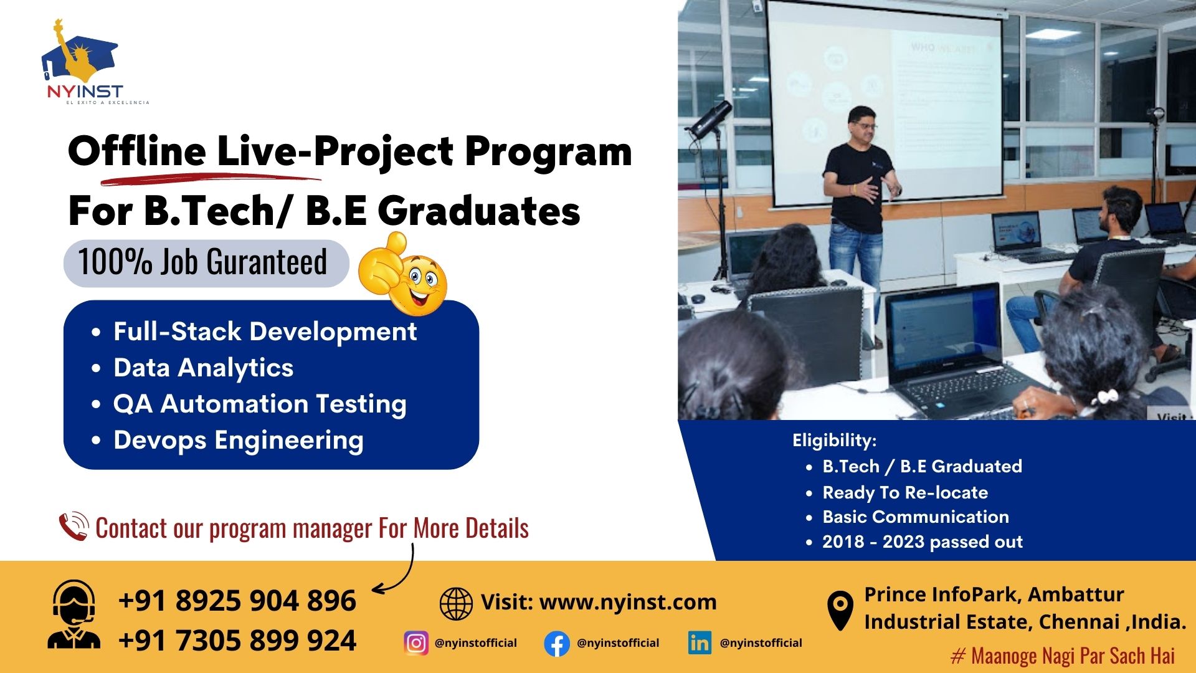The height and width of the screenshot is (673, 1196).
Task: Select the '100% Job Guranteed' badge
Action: point(206,263)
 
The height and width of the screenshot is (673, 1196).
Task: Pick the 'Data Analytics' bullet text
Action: point(203,368)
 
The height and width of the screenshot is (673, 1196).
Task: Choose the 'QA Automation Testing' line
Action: point(260,404)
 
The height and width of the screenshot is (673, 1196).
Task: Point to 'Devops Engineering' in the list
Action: point(238,440)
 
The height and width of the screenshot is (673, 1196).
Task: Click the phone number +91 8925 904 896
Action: point(237,601)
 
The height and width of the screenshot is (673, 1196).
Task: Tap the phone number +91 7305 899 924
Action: point(237,641)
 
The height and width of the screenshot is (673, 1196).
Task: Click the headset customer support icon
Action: point(74,615)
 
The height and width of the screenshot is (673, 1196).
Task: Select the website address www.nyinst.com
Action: point(628,603)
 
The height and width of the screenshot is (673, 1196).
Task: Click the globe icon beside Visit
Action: point(456,603)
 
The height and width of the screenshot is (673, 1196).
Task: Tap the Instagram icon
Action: point(416,643)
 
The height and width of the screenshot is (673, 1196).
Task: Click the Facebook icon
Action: point(557,644)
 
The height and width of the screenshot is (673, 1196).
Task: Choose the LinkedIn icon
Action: point(700,643)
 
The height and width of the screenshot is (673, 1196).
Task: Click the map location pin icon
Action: point(840,610)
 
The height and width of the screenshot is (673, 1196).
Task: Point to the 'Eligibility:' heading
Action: point(834,441)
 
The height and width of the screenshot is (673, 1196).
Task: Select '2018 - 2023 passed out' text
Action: point(923,542)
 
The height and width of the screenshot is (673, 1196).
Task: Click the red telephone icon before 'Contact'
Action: point(74,527)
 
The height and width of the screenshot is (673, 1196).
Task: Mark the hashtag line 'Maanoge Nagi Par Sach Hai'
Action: point(1063,656)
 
